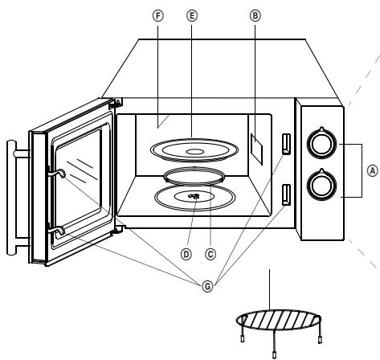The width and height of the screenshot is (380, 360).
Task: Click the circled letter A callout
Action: (372, 171)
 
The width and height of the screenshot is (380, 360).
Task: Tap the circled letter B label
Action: (255, 16)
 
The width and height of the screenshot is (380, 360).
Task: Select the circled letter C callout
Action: (210, 254)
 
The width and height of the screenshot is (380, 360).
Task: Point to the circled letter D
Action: (186, 254)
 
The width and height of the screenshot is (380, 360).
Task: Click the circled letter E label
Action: (192, 16)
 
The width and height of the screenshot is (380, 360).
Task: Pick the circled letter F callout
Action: (158, 16)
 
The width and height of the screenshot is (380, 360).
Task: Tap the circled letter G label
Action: (207, 287)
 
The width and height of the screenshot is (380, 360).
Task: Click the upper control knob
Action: (321, 143)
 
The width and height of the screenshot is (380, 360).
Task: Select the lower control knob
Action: (321, 184)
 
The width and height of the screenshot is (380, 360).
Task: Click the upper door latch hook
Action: (58, 173)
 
